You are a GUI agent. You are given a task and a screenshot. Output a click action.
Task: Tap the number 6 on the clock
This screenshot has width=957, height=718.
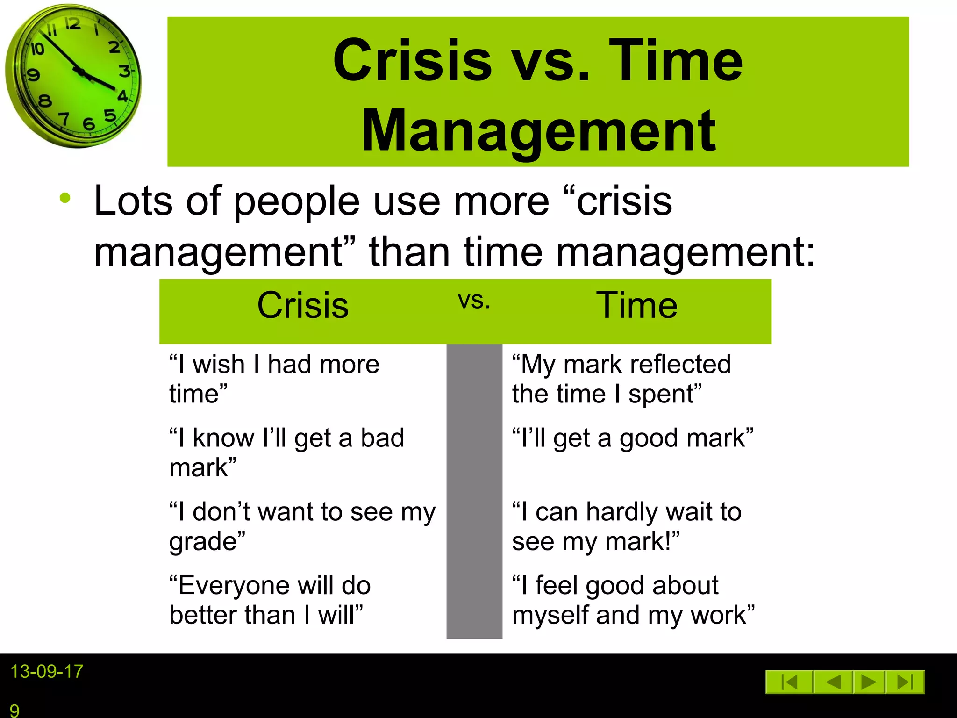pyautogui.click(x=89, y=124)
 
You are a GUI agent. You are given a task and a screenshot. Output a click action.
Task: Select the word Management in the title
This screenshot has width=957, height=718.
pyautogui.click(x=538, y=131)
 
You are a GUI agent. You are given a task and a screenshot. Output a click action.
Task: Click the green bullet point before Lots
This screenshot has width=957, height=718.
pyautogui.click(x=65, y=198)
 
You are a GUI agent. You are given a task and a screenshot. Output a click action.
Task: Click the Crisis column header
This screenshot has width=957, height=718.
pyautogui.click(x=303, y=305)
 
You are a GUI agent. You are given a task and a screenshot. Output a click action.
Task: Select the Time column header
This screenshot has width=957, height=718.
pyautogui.click(x=636, y=305)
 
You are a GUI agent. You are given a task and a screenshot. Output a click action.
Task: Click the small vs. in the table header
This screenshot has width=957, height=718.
pyautogui.click(x=474, y=301)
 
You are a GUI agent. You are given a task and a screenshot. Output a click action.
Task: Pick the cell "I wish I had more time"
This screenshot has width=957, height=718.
pyautogui.click(x=274, y=379)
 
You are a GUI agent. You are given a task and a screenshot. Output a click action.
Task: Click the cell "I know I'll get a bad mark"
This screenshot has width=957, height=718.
pyautogui.click(x=286, y=452)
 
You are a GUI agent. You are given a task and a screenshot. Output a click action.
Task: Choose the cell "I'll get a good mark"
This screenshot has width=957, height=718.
pyautogui.click(x=633, y=438)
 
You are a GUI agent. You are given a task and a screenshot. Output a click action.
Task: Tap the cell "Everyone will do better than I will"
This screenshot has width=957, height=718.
pyautogui.click(x=270, y=600)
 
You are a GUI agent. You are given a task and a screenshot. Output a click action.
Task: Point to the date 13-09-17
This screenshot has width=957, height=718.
pyautogui.click(x=47, y=672)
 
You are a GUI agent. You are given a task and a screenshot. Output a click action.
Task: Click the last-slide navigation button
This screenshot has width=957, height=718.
pyautogui.click(x=906, y=682)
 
